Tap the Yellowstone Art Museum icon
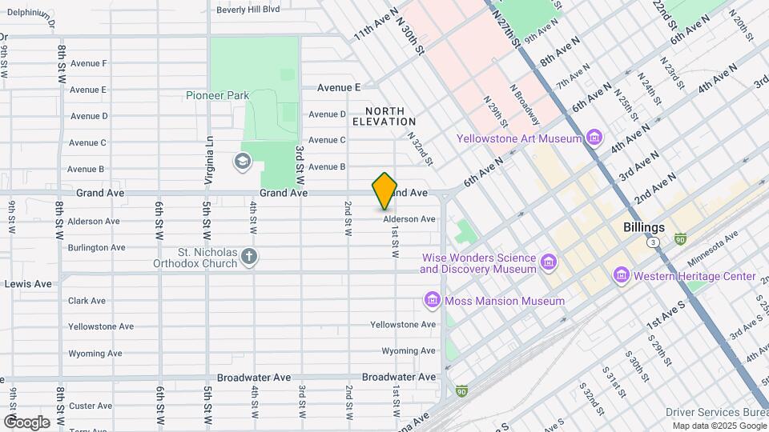point(594,138)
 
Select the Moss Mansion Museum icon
point(432,301)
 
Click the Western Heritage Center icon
point(621,276)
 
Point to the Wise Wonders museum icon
point(549,262)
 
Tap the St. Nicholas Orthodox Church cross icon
point(249,257)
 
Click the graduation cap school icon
point(241,162)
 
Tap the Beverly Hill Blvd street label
point(248,10)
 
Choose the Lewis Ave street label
point(28,283)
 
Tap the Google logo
point(26,422)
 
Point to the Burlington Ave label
point(96,247)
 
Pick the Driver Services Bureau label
point(715,412)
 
